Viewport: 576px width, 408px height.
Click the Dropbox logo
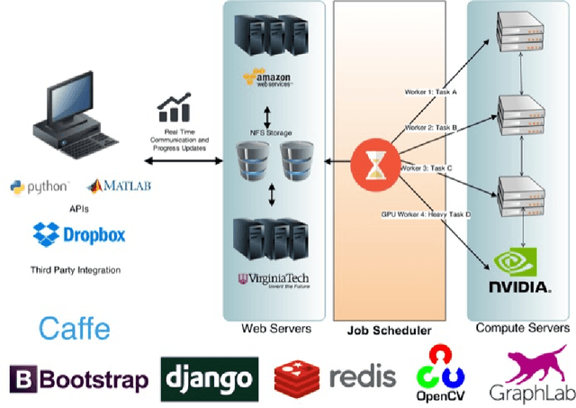coord(78,236)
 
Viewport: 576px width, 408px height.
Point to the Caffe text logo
coord(74,327)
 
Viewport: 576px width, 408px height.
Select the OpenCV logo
coord(441,373)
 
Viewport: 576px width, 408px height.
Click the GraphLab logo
coord(529,374)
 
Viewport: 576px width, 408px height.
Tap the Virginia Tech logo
coord(271,280)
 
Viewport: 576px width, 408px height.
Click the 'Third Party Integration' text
coord(74,269)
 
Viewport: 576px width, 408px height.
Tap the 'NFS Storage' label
coord(271,133)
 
